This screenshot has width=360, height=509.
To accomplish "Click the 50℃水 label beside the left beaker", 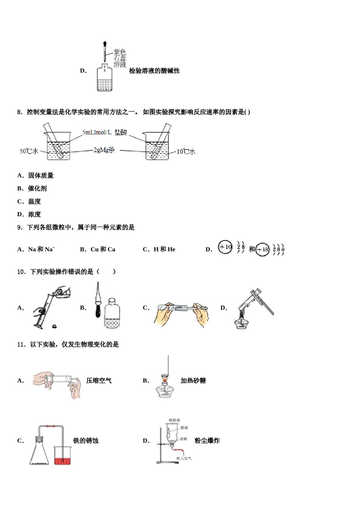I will click(29, 151).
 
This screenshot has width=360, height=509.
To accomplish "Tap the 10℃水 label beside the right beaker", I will click(186, 151).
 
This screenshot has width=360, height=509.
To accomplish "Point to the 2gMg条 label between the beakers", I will click(104, 150).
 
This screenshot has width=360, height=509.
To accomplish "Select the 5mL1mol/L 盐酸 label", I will click(105, 132).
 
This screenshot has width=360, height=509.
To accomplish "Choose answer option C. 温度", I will click(29, 201).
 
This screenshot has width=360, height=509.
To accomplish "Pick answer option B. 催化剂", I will click(32, 189).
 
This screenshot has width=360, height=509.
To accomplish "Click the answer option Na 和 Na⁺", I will click(41, 249).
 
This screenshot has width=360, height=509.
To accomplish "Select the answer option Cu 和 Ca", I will click(103, 249).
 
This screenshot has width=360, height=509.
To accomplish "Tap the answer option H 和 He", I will click(164, 249).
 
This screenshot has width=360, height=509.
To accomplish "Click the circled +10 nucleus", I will click(225, 247).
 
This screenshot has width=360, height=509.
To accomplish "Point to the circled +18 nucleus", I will click(262, 250).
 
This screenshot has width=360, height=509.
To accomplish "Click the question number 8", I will click(20, 112).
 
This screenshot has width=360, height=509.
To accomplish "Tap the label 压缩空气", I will click(99, 381).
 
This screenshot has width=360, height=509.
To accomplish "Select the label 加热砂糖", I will click(193, 381).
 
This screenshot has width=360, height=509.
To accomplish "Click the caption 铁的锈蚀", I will click(86, 440).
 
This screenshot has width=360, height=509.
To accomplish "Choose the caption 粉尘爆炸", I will click(207, 440).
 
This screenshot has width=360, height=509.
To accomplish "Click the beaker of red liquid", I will click(62, 456).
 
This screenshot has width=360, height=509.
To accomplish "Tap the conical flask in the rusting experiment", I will click(39, 453).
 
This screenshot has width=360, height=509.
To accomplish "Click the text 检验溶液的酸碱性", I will click(154, 71).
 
